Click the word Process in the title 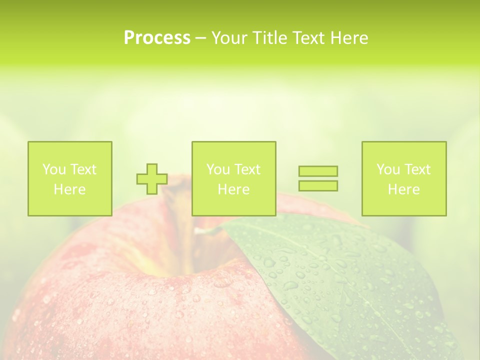tap(157, 38)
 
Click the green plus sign tap(152, 179)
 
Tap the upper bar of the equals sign tap(318, 171)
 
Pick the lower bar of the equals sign tap(318, 185)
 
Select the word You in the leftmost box tap(53, 169)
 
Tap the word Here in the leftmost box tap(69, 189)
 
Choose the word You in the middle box tap(217, 169)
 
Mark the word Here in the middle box tap(233, 189)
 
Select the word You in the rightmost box tap(387, 169)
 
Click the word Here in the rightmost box tap(403, 189)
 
